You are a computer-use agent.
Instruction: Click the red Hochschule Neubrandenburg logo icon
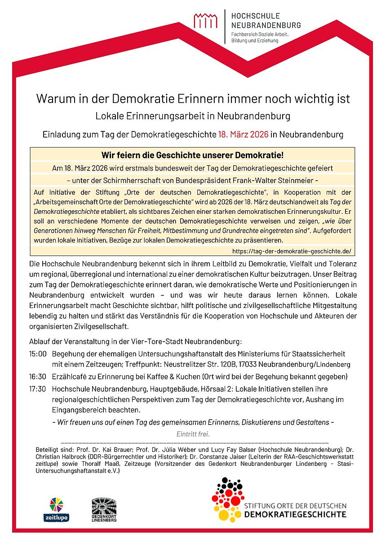click(x=205, y=21)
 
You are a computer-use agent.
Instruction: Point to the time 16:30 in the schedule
click(x=38, y=376)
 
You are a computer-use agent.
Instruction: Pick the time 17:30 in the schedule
click(x=38, y=389)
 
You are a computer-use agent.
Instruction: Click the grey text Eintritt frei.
click(x=193, y=434)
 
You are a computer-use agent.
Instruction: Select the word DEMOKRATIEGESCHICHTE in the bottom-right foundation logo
click(x=295, y=514)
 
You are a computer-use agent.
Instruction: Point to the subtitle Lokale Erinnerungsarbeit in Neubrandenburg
click(x=193, y=116)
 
